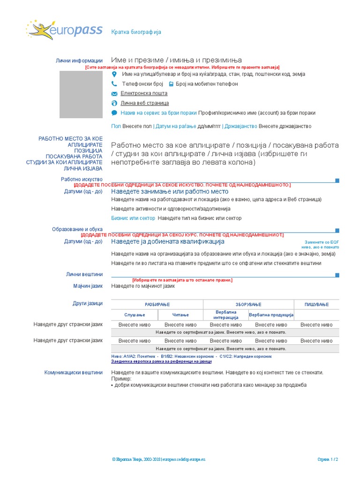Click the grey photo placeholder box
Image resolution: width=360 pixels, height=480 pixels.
(84, 94)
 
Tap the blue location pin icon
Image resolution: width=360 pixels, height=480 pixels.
(114, 74)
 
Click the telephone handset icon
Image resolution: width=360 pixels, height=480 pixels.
(114, 84)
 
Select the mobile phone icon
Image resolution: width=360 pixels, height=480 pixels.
(171, 84)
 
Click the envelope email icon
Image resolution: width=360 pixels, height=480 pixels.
(114, 94)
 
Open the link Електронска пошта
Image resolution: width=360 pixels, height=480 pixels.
(144, 93)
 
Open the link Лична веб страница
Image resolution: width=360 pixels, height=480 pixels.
(144, 103)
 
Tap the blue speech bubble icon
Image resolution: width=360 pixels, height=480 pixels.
(114, 113)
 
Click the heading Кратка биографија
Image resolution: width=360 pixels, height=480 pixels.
(136, 32)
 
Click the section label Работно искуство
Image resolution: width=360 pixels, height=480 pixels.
(82, 179)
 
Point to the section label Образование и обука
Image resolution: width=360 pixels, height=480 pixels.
(77, 229)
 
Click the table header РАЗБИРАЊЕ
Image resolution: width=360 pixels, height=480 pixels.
(157, 304)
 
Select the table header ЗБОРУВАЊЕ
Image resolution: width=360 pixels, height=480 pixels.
(248, 304)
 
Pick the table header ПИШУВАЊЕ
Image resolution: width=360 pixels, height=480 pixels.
(316, 304)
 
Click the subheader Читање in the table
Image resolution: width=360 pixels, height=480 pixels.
(180, 315)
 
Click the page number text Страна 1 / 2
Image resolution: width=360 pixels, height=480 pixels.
(328, 460)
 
